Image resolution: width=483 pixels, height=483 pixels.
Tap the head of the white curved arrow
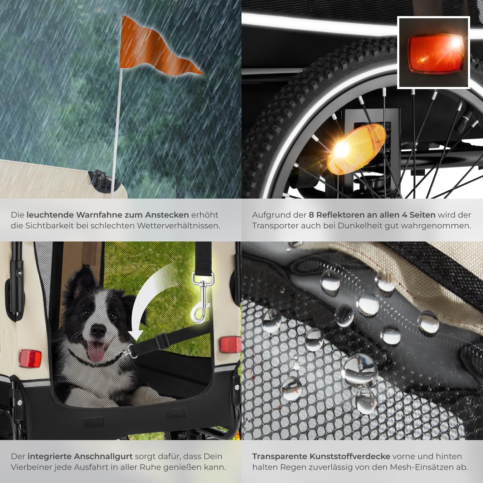tap(136, 336)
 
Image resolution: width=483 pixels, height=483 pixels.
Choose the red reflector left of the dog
tap(30, 358)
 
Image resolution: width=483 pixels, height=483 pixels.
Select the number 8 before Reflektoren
tap(311, 215)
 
